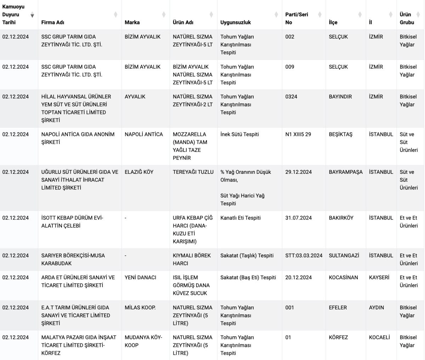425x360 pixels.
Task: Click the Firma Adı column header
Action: [53, 22]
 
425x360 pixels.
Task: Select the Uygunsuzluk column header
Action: [236, 22]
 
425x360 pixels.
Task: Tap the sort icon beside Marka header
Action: [164, 15]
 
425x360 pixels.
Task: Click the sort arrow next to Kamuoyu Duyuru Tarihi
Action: [32, 15]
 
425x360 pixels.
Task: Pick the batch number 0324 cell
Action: [291, 97]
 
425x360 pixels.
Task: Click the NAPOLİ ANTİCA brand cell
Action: [144, 135]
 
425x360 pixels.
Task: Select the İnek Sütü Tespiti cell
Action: [239, 135]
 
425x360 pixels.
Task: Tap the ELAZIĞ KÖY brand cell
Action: [139, 172]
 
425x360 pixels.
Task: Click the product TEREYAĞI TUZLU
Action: [193, 172]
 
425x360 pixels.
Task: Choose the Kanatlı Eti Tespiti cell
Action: [240, 218]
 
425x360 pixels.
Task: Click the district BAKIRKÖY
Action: [341, 218]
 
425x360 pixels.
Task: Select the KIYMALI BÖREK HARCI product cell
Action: [192, 259]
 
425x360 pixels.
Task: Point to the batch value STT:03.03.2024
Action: [304, 256]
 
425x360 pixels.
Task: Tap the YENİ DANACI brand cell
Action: [140, 278]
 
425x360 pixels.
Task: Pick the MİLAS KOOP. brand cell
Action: [140, 308]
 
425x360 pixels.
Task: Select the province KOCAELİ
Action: [379, 337]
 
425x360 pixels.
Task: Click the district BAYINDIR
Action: [340, 97]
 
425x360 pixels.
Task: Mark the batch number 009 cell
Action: [290, 67]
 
